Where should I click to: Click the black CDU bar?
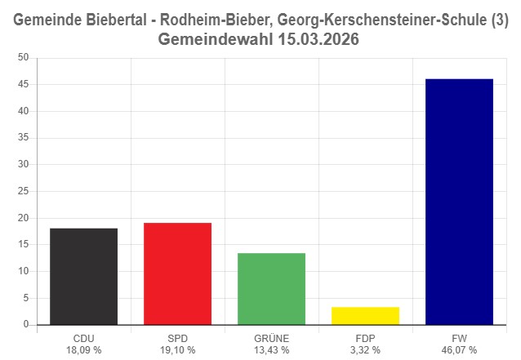coord(83,276)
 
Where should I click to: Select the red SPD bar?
coord(177,273)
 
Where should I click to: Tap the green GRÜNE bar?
coord(271,288)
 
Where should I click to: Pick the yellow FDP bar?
coord(365,315)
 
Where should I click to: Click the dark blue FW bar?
coord(459,202)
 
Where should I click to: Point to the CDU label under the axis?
coord(83,337)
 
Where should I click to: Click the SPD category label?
coord(177,337)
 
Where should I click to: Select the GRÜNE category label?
coord(271,337)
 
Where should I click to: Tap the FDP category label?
coord(365,337)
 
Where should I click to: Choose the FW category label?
coord(459,337)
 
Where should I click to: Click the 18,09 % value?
coord(83,349)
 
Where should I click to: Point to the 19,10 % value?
coord(177,349)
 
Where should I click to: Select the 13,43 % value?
coord(271,349)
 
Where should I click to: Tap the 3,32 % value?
coord(365,349)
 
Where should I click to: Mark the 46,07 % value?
coord(459,349)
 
